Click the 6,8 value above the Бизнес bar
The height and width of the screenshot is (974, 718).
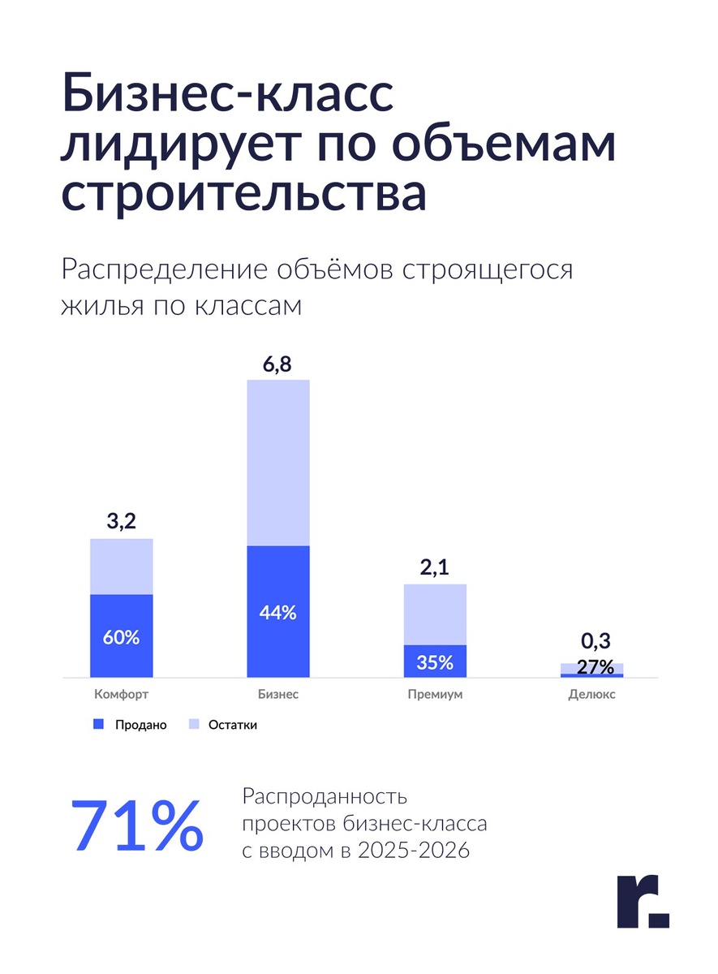tap(277, 364)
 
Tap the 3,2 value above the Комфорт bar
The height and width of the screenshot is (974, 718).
tap(121, 522)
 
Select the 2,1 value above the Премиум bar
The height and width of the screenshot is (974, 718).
tap(435, 567)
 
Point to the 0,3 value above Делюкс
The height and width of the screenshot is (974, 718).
tap(596, 642)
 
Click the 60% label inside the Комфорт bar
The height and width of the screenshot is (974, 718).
tap(121, 637)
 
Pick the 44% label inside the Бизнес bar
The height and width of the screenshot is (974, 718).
tap(277, 613)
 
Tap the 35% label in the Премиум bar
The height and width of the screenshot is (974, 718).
tap(435, 662)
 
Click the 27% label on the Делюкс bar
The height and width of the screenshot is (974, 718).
tap(595, 667)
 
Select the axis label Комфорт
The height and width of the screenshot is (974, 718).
tap(121, 696)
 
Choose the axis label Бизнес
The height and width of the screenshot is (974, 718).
tap(277, 696)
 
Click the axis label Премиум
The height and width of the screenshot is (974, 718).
tap(435, 696)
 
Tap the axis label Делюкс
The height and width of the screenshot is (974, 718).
tap(591, 696)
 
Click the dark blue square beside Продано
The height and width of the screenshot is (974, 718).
tap(99, 725)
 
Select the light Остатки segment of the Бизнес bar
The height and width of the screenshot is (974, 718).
tap(277, 463)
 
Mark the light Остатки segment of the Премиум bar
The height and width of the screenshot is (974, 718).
tap(435, 614)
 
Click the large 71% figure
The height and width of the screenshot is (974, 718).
tap(137, 826)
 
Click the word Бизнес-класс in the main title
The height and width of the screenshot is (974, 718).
tap(228, 96)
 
